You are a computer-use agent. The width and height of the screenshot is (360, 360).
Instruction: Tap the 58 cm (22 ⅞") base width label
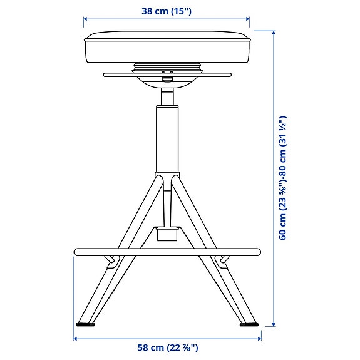[x=167, y=348]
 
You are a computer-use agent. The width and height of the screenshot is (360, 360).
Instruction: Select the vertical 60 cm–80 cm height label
[x=283, y=177]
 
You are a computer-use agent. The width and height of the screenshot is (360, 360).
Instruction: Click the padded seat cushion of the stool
[x=168, y=47]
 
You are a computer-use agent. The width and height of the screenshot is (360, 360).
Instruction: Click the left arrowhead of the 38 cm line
[x=86, y=19]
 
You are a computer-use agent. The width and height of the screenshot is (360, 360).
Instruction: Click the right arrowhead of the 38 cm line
[x=249, y=19]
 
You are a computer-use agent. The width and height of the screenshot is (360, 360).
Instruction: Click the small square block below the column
[x=167, y=234]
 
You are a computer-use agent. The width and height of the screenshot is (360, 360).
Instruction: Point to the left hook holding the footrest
[x=111, y=259]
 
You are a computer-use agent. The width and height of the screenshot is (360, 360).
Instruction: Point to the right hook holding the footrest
[x=222, y=259]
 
